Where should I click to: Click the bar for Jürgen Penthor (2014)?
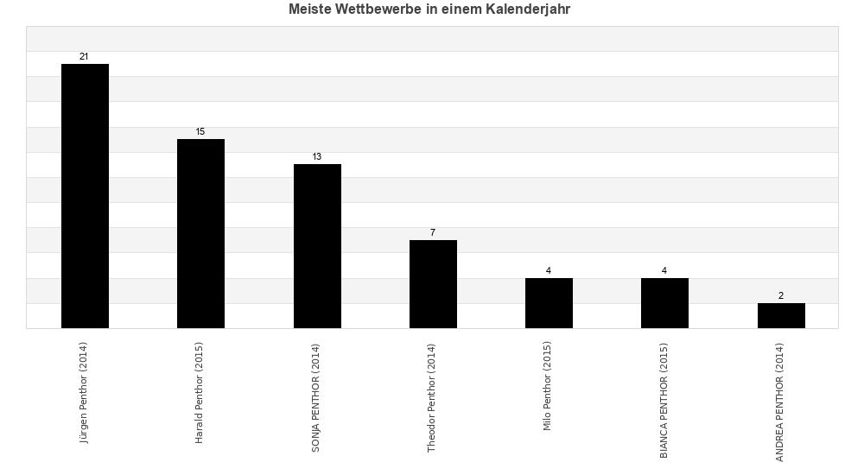pos(85,196)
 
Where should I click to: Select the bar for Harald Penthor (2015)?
pos(200,233)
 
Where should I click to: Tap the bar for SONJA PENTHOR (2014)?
pos(317,246)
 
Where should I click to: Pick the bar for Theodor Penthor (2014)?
pos(433,284)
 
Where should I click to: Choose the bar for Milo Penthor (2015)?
pos(549,303)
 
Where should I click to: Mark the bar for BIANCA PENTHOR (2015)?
pos(664,303)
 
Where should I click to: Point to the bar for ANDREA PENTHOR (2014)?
pos(781,315)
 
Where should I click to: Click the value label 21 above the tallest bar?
pos(84,57)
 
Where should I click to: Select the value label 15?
pos(200,132)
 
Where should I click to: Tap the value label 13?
pos(317,157)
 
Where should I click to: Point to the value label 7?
pos(433,233)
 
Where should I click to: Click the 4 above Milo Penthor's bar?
pos(549,271)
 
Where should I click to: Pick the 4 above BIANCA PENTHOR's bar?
pos(664,271)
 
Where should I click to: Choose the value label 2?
pos(781,296)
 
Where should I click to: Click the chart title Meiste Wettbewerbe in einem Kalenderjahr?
pos(429,10)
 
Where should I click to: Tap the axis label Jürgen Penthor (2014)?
pos(84,393)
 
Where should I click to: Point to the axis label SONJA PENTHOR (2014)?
pos(316,396)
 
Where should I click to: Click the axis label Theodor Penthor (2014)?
pos(432,398)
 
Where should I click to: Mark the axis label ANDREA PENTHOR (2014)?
pos(780,402)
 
